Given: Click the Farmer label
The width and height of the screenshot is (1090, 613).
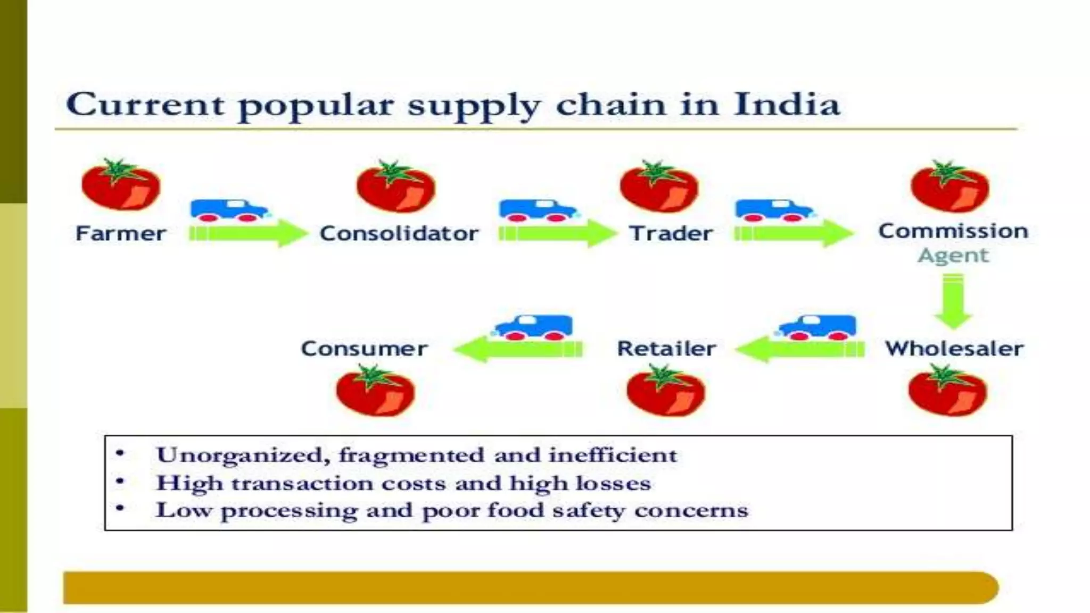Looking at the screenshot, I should click(x=120, y=234).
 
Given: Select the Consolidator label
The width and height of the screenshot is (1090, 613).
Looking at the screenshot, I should click(x=399, y=234).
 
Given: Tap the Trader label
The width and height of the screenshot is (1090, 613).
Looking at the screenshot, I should click(x=671, y=234).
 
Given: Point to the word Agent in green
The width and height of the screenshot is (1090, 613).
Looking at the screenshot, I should click(x=953, y=256).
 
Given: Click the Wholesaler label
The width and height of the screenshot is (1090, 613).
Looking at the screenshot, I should click(x=954, y=349).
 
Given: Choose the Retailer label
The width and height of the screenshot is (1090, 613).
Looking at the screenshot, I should click(x=666, y=349).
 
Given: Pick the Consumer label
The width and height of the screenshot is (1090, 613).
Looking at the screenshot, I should click(x=364, y=349).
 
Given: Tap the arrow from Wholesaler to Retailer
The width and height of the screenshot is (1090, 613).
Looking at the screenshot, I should click(x=800, y=349).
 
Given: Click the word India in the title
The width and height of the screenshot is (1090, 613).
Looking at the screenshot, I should click(x=786, y=104).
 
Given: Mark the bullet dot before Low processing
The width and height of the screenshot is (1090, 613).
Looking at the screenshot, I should click(x=120, y=509).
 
